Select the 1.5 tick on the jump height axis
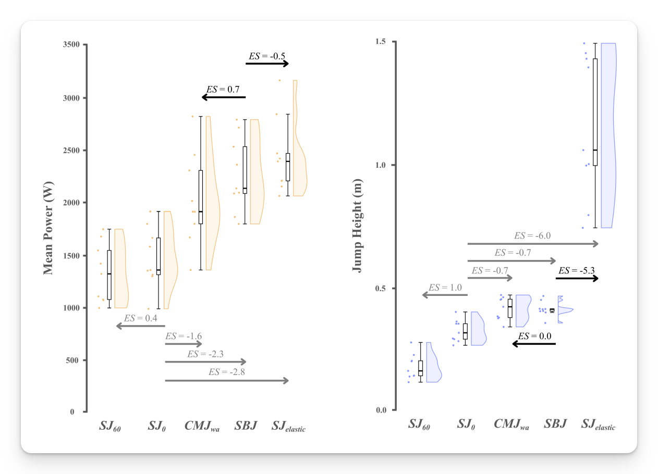tap(382, 42)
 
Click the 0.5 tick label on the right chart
tap(382, 289)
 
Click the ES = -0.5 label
tap(267, 56)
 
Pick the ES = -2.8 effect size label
tap(226, 372)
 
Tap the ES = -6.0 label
tap(532, 235)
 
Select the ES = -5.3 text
tap(577, 270)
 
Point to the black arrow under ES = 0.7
tap(223, 97)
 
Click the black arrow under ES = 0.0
tap(534, 344)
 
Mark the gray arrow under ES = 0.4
tap(140, 326)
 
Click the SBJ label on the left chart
tap(246, 426)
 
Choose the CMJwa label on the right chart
tap(511, 424)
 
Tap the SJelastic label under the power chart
tap(288, 427)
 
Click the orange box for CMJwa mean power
tap(201, 197)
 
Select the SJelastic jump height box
tap(595, 112)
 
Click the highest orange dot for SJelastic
tap(279, 80)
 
